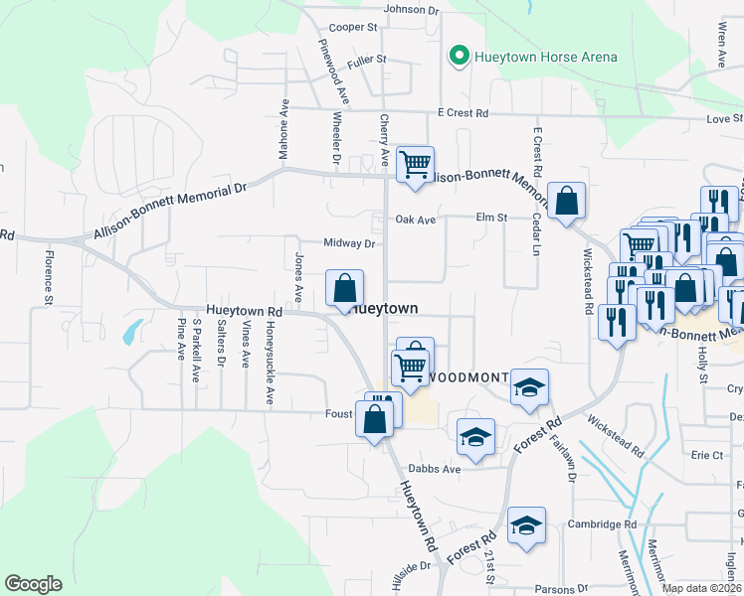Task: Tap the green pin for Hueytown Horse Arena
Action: tap(460, 56)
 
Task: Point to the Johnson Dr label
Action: tap(411, 9)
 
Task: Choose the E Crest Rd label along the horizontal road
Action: tap(461, 113)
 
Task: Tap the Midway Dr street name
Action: tap(348, 243)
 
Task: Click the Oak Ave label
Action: tap(416, 220)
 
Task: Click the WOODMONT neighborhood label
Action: tap(469, 378)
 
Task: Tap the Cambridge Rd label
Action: tap(603, 524)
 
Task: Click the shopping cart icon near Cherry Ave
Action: tap(415, 164)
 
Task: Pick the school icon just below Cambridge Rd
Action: tap(526, 526)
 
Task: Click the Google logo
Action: tap(34, 584)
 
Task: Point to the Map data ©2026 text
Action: tap(701, 588)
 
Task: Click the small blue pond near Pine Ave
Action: tap(132, 331)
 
